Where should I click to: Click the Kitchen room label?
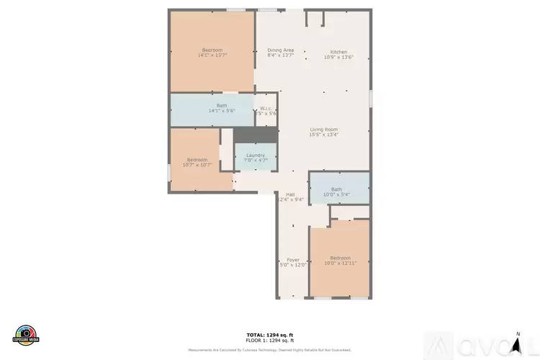click(x=338, y=52)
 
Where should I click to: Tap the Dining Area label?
click(x=280, y=50)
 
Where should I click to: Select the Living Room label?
click(x=323, y=130)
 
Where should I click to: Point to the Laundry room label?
click(x=255, y=155)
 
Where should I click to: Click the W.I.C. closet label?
click(x=266, y=109)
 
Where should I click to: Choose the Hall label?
click(x=290, y=194)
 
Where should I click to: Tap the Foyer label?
click(x=293, y=260)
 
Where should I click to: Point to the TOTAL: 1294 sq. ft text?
click(x=270, y=335)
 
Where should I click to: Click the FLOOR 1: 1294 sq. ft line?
click(x=270, y=341)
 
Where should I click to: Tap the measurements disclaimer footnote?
click(x=270, y=350)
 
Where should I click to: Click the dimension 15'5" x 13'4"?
click(x=323, y=135)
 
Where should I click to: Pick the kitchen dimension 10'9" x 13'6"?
click(x=338, y=57)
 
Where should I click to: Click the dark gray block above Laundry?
click(x=255, y=135)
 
